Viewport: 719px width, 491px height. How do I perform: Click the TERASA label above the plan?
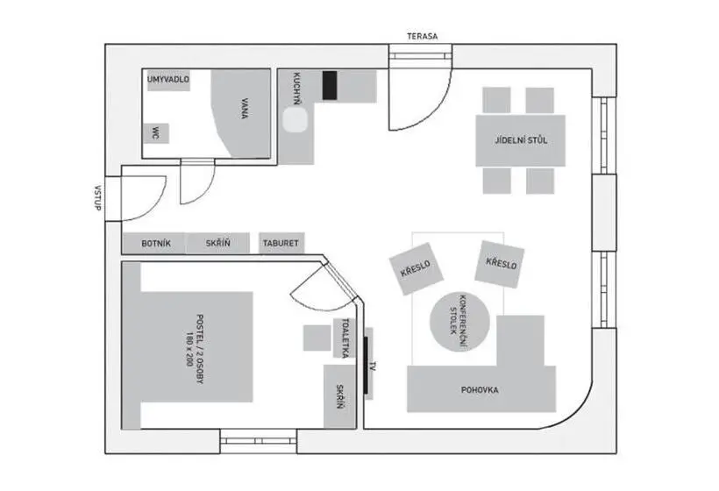click(x=423, y=36)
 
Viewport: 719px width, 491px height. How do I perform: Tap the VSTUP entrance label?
click(x=97, y=198)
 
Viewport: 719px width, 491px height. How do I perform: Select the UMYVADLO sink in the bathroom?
click(x=168, y=81)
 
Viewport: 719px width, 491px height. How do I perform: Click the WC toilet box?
click(x=156, y=133)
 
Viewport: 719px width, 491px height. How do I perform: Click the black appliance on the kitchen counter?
click(x=330, y=85)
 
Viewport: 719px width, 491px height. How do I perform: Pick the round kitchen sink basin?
click(x=295, y=120)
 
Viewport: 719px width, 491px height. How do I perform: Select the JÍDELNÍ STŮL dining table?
click(x=521, y=140)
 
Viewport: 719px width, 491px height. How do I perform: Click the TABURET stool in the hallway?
click(x=281, y=243)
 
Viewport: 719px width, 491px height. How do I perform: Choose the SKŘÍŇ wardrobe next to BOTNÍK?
click(x=218, y=244)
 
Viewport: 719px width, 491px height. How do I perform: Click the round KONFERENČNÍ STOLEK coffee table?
click(x=459, y=322)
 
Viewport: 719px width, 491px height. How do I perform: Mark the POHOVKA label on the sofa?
click(x=480, y=390)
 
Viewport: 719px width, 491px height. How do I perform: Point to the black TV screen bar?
click(x=366, y=365)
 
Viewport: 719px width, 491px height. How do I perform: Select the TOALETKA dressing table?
click(x=345, y=338)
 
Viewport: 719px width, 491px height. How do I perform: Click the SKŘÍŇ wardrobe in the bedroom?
click(x=340, y=396)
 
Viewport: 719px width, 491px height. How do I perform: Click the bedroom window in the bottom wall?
click(x=259, y=441)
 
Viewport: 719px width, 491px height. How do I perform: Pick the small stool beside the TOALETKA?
click(x=317, y=338)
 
